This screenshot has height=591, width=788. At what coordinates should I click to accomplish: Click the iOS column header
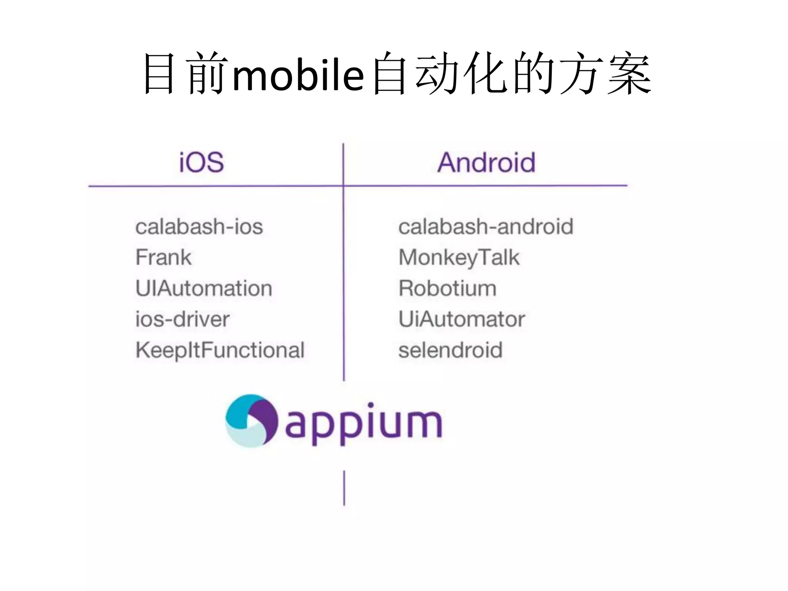(201, 162)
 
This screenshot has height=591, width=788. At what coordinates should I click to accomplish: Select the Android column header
(486, 162)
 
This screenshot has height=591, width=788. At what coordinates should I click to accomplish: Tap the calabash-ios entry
(199, 226)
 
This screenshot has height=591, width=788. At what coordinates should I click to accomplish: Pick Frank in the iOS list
(164, 257)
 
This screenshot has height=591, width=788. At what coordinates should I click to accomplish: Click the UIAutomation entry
(204, 288)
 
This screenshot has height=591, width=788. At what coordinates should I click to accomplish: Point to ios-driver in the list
(182, 319)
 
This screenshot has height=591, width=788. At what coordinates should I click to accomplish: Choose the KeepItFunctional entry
(220, 350)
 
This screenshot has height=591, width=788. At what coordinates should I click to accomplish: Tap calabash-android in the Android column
(486, 226)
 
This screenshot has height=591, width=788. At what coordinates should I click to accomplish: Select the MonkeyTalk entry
(459, 257)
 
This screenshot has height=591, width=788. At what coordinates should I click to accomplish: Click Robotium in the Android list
(447, 288)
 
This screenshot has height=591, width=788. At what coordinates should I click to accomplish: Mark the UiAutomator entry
(462, 319)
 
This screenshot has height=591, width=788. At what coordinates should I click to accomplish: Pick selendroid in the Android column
(450, 350)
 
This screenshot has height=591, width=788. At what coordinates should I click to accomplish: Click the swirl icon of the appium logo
(251, 421)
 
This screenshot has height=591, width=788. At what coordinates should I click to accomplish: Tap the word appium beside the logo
(364, 423)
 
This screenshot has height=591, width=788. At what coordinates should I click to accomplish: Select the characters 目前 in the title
(185, 73)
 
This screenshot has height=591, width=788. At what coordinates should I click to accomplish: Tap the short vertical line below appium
(344, 487)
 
